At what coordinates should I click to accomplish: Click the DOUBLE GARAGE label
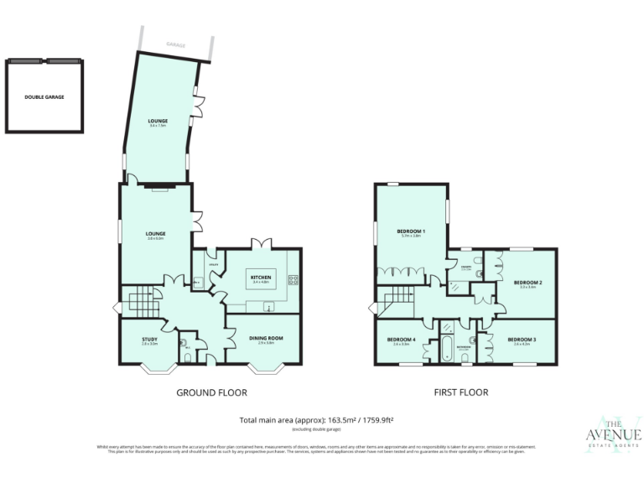[x=44, y=96]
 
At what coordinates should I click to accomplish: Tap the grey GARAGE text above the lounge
[x=175, y=44]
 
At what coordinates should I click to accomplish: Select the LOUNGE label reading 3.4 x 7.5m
[x=158, y=122]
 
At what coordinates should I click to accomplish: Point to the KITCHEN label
[x=261, y=277]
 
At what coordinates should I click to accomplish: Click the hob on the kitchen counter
[x=293, y=281]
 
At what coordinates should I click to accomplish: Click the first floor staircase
[x=396, y=299]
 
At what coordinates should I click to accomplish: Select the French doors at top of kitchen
[x=262, y=243]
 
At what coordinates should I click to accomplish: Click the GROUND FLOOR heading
[x=211, y=392]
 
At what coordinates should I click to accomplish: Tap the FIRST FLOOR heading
[x=460, y=392]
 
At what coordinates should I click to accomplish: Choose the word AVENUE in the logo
[x=614, y=434]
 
